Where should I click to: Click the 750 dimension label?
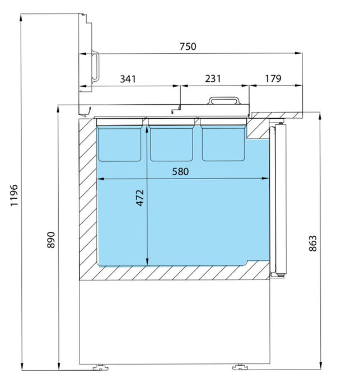point(188,46)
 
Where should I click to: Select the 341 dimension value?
point(128,79)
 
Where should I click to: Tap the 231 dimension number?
point(213,78)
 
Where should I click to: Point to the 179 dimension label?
point(273,78)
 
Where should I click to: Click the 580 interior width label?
point(180,172)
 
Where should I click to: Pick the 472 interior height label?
point(140,198)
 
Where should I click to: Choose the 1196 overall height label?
point(14,195)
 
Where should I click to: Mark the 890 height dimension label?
point(51,240)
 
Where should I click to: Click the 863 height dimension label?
point(313,243)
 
